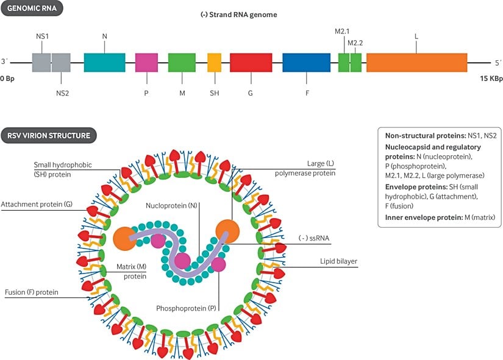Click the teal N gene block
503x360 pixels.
[x=104, y=63]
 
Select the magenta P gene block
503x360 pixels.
[x=146, y=63]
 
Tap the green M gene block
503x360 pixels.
[x=181, y=63]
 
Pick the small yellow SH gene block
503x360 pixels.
[x=214, y=63]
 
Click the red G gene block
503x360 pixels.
[x=251, y=63]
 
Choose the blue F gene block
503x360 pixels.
[x=306, y=63]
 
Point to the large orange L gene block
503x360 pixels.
[x=416, y=63]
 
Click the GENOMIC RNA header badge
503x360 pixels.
[x=32, y=10]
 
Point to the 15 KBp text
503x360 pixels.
[x=490, y=79]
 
